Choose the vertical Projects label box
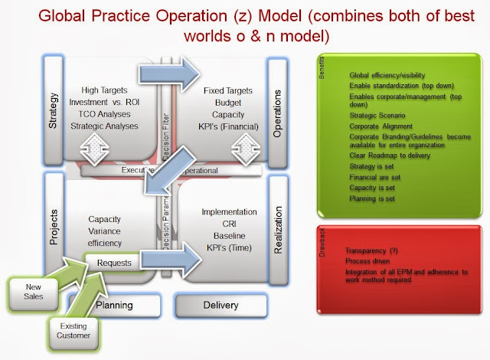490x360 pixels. [x=52, y=230]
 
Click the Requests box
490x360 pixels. [x=114, y=263]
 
